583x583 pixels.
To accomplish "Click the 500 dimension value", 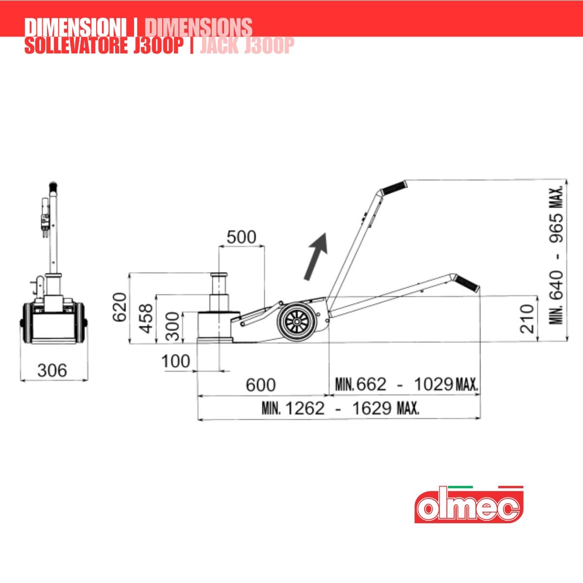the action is point(241,237).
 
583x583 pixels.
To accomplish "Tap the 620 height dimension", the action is point(120,308).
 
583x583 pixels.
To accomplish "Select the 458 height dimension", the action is point(147,319).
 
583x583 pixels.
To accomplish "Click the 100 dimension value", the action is point(176,361).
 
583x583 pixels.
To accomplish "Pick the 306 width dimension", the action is point(52,370).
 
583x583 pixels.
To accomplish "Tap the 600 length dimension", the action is point(260,385).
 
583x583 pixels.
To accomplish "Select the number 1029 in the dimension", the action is point(433,384).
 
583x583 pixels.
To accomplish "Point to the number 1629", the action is point(372,409).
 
